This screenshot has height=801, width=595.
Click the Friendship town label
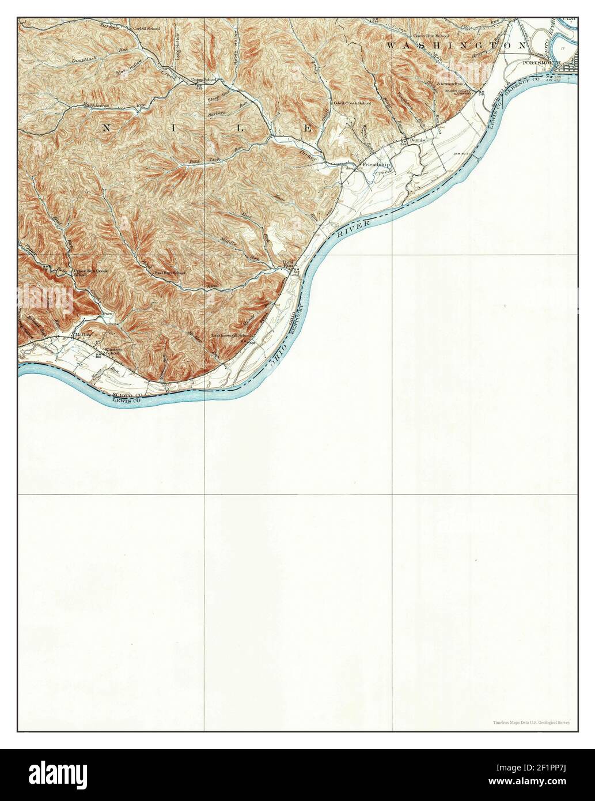tap(376, 165)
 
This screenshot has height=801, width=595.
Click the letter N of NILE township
tap(106, 129)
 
